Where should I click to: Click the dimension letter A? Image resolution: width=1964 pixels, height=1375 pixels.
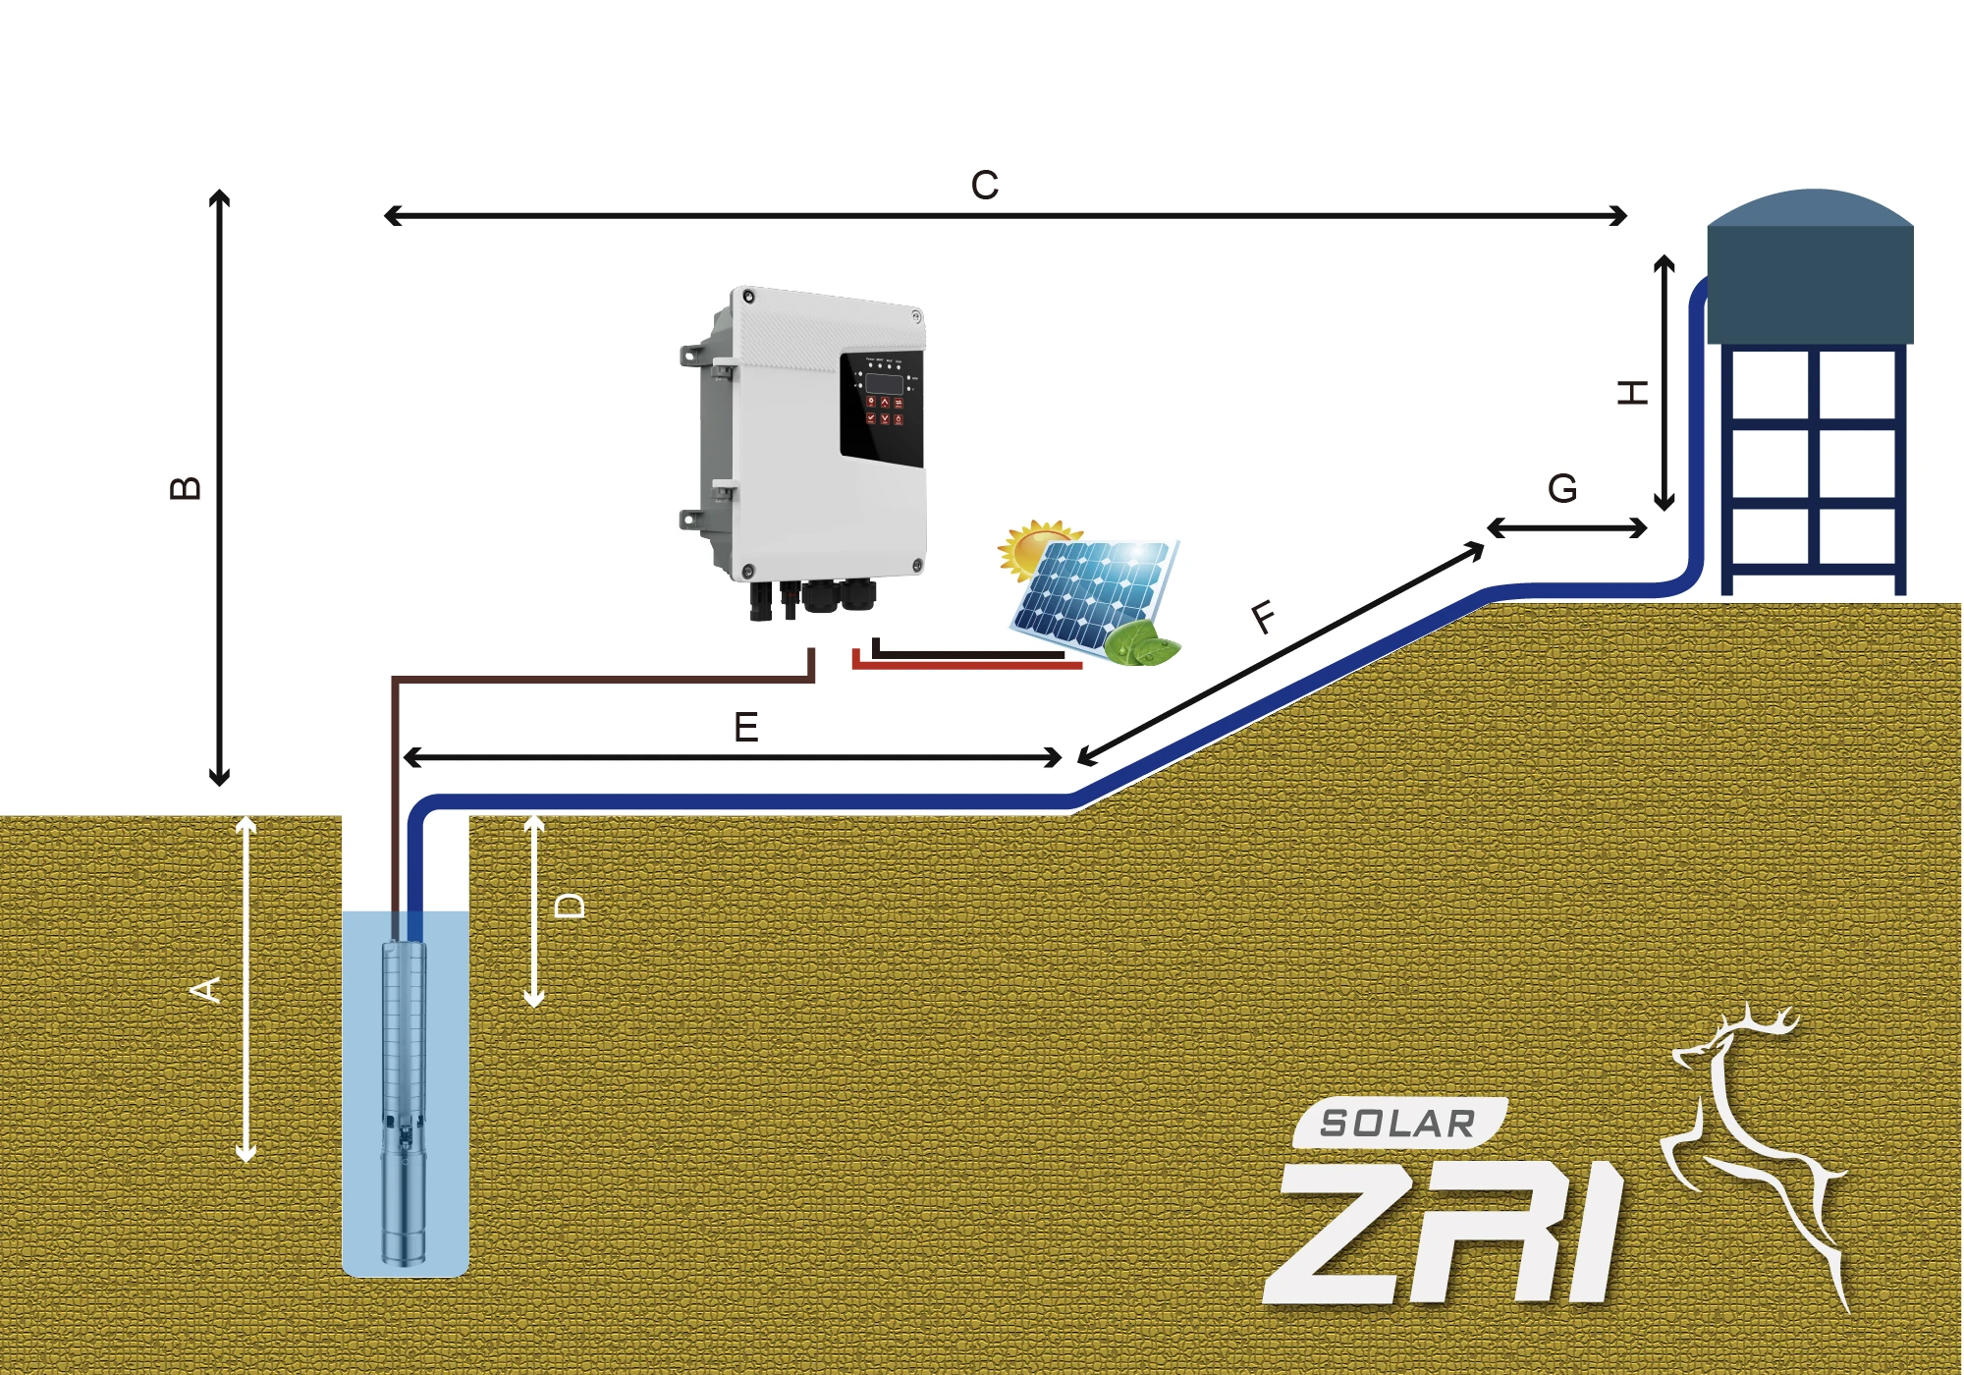coord(205,990)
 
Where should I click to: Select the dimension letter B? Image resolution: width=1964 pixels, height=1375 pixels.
coord(186,488)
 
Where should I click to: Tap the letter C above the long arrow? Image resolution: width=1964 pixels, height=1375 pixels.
coord(984,186)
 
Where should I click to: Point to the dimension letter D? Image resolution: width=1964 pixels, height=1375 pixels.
coord(570,906)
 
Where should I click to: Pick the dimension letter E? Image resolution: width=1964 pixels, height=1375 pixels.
coord(746,728)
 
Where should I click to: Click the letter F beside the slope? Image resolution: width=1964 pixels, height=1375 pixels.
coord(1265,618)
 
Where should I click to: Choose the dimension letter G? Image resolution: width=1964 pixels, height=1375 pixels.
coord(1562,489)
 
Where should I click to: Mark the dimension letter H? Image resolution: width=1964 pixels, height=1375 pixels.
coord(1632,393)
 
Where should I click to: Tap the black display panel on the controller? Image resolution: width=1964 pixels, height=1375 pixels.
coord(881,408)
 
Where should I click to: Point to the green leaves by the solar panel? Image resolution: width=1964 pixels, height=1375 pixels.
coord(1141,643)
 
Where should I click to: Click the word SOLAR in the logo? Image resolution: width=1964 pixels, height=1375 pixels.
coord(1397,1124)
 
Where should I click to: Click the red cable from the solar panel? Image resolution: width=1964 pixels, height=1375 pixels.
coord(967,666)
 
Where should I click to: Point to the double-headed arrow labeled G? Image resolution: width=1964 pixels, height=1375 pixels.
coord(1567,528)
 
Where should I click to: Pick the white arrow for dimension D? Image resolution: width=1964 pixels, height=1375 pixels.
coord(534,911)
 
